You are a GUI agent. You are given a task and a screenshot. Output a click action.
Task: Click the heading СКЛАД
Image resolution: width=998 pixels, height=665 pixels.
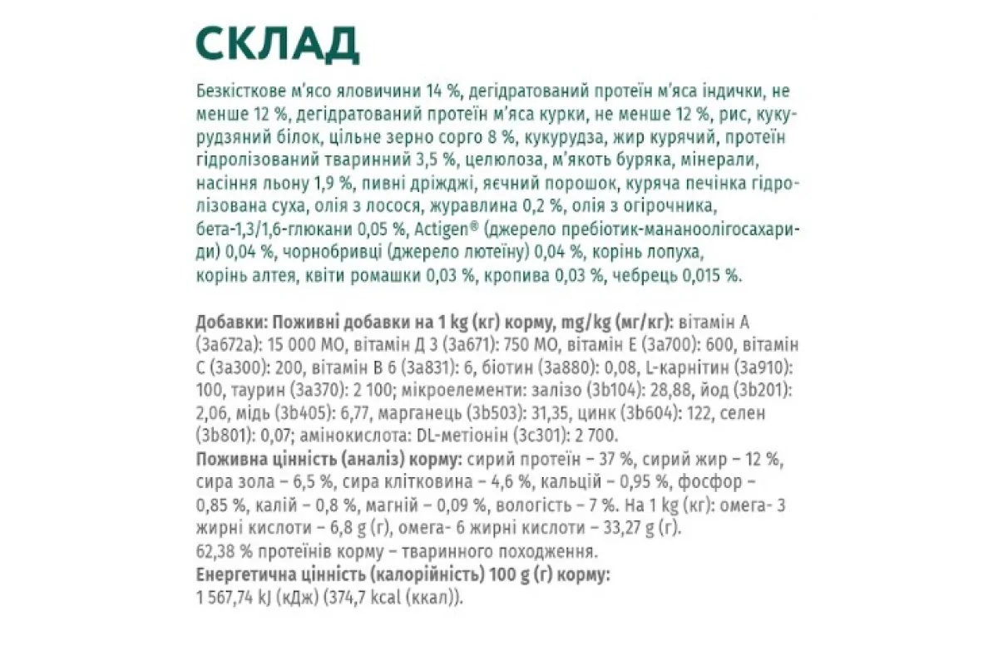coord(277,45)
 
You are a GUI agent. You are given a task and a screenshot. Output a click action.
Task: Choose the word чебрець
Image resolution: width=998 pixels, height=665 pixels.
coord(646,275)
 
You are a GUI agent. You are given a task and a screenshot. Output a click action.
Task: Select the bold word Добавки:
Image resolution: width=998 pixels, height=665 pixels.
coord(230,322)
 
